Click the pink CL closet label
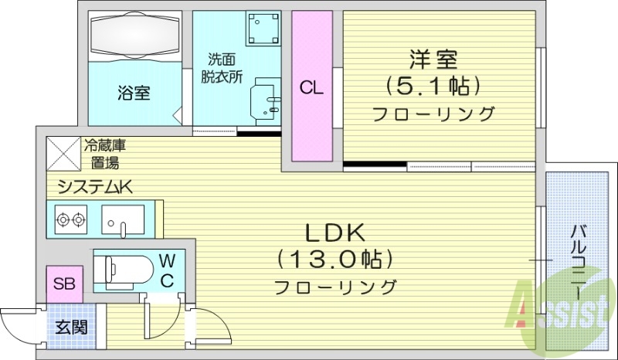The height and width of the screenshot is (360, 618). tap(311, 87)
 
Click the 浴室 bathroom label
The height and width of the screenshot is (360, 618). tap(134, 93)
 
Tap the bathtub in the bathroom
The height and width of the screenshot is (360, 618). tap(134, 36)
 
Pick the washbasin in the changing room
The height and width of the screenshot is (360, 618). tap(267, 98)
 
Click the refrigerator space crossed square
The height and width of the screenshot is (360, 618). tap(63, 153)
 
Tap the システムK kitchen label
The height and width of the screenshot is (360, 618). tap(90, 185)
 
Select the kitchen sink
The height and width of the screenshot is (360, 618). tap(123, 219)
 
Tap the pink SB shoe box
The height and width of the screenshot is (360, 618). tap(63, 284)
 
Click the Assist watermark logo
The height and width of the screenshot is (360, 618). tap(558, 310)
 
